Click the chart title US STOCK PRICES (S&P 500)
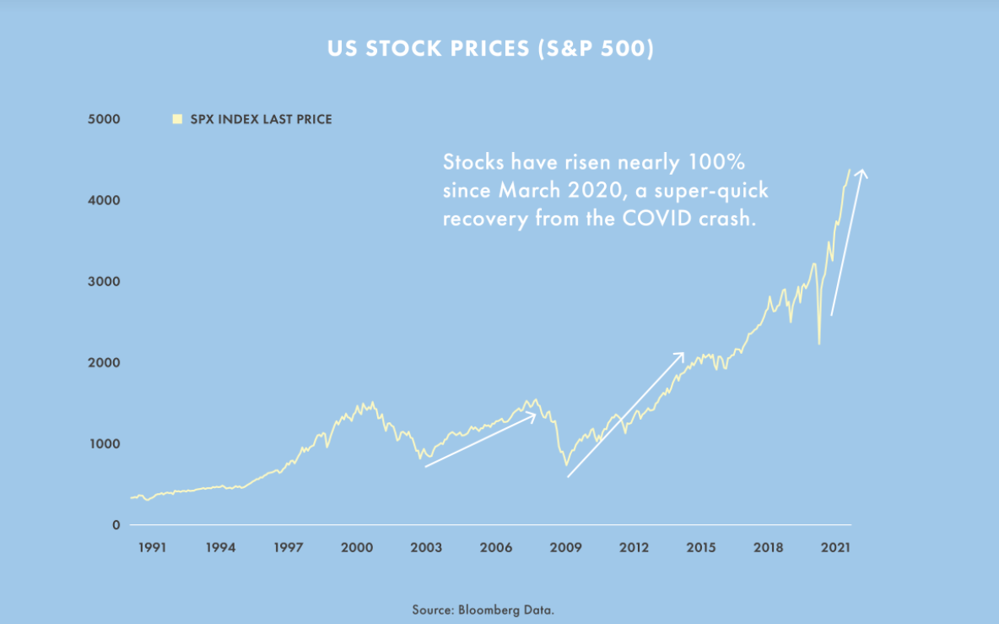click(x=490, y=49)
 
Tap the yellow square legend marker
click(x=177, y=119)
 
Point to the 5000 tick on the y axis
click(x=105, y=119)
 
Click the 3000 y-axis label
click(x=105, y=281)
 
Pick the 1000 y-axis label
click(x=105, y=443)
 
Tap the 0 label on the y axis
click(x=116, y=524)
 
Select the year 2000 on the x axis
click(x=358, y=547)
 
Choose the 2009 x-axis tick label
click(x=565, y=547)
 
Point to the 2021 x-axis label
click(x=834, y=547)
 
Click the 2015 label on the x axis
click(x=701, y=547)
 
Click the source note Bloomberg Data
click(x=483, y=609)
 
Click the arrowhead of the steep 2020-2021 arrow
click(x=861, y=171)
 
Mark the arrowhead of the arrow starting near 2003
click(x=536, y=414)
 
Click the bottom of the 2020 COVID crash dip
click(x=819, y=344)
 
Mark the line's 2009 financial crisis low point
click(x=566, y=464)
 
